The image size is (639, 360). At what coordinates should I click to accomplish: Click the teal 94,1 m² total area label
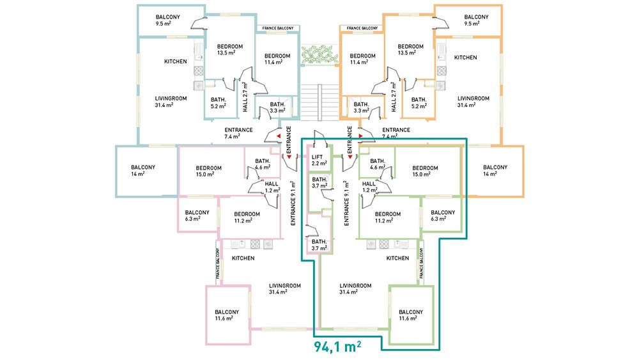(x=337, y=346)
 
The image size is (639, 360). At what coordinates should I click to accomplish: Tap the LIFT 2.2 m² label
(x=319, y=160)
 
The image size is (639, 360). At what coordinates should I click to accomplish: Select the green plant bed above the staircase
(x=319, y=54)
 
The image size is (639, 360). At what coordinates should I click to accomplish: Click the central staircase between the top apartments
(x=320, y=102)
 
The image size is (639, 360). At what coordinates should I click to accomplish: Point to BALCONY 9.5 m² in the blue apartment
(x=167, y=20)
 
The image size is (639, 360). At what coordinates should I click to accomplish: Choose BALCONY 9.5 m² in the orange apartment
(x=476, y=20)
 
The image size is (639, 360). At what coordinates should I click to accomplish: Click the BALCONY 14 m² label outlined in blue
(x=143, y=171)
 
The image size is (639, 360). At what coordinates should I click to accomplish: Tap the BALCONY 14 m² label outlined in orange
(x=495, y=171)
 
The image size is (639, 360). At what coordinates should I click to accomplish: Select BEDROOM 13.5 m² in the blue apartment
(x=230, y=50)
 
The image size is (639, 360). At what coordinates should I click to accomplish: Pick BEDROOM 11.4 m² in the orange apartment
(x=362, y=59)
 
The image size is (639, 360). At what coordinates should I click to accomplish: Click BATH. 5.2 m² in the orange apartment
(x=419, y=103)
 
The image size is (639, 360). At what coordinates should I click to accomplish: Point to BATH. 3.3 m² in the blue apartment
(x=277, y=107)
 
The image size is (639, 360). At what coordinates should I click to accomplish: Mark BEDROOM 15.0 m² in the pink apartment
(x=209, y=171)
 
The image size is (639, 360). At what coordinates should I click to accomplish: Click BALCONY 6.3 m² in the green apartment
(x=443, y=215)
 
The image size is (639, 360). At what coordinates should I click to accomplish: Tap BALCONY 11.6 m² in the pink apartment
(x=227, y=315)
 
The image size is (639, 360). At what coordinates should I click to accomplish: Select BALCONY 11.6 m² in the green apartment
(x=411, y=315)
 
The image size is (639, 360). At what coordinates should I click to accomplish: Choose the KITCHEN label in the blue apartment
(x=176, y=61)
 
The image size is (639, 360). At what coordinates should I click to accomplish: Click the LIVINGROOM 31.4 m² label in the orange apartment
(x=473, y=102)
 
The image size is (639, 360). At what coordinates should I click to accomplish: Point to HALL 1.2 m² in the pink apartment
(x=272, y=187)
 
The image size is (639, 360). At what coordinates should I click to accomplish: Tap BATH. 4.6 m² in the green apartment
(x=378, y=164)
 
